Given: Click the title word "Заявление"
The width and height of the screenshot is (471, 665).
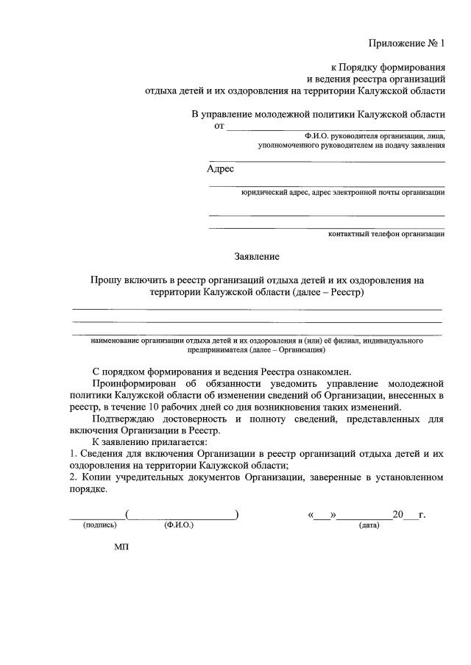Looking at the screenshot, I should pyautogui.click(x=257, y=256).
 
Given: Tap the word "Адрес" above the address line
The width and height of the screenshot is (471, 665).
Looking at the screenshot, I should pyautogui.click(x=220, y=168).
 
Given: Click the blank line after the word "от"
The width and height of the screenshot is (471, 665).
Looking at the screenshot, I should pyautogui.click(x=335, y=128).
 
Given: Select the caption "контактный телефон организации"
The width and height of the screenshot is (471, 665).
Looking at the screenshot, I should pyautogui.click(x=386, y=234).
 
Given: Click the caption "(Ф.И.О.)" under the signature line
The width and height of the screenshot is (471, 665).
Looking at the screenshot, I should pyautogui.click(x=179, y=526).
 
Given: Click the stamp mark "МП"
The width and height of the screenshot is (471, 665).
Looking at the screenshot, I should pyautogui.click(x=121, y=549).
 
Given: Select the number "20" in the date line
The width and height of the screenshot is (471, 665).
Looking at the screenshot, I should pyautogui.click(x=399, y=514).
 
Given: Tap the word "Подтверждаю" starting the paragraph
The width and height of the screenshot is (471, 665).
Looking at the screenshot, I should pyautogui.click(x=124, y=419).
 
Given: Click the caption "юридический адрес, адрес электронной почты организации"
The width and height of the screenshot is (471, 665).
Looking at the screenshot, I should pyautogui.click(x=343, y=193).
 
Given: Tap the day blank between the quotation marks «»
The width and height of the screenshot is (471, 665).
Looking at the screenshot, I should pyautogui.click(x=322, y=515).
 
